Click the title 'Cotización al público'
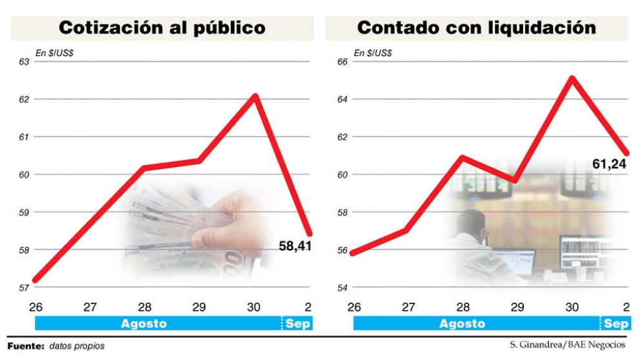[x=162, y=28]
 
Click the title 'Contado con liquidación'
[x=476, y=28]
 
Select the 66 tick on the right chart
[x=341, y=62]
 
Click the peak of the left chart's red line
[x=255, y=96]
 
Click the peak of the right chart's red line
[x=572, y=78]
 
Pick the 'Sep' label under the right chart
[x=615, y=324]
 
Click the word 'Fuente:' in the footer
[x=25, y=346]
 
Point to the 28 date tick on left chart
[x=145, y=306]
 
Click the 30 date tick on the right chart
[x=572, y=306]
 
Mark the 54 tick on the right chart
[x=341, y=287]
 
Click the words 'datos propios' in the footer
[x=76, y=346]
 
